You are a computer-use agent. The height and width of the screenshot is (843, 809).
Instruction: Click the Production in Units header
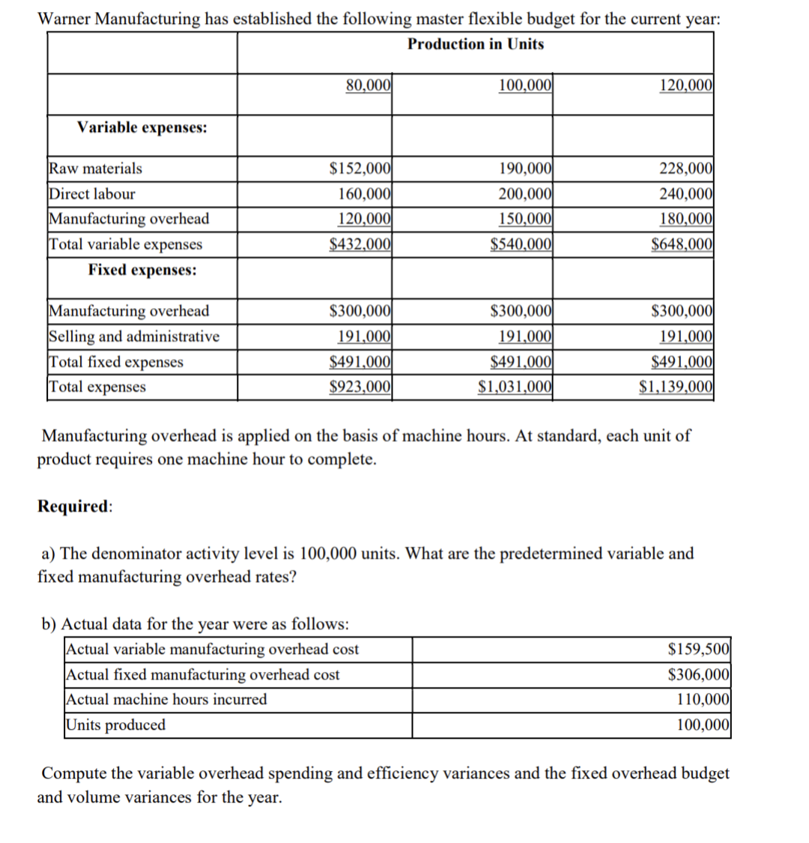(476, 44)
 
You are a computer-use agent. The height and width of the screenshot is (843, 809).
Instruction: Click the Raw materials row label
(95, 169)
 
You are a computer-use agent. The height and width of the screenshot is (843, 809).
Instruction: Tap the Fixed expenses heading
(142, 270)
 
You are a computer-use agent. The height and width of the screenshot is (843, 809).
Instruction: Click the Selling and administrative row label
(135, 336)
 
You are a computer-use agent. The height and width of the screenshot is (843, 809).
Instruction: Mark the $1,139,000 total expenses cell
(676, 387)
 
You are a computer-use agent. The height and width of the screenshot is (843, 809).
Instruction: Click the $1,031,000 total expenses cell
(516, 387)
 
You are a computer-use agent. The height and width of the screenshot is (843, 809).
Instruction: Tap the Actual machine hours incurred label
(166, 699)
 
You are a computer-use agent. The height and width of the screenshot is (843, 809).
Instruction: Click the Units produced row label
(116, 725)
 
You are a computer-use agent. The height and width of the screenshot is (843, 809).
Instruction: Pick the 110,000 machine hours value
(703, 699)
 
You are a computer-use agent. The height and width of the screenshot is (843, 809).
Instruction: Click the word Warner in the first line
(64, 19)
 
